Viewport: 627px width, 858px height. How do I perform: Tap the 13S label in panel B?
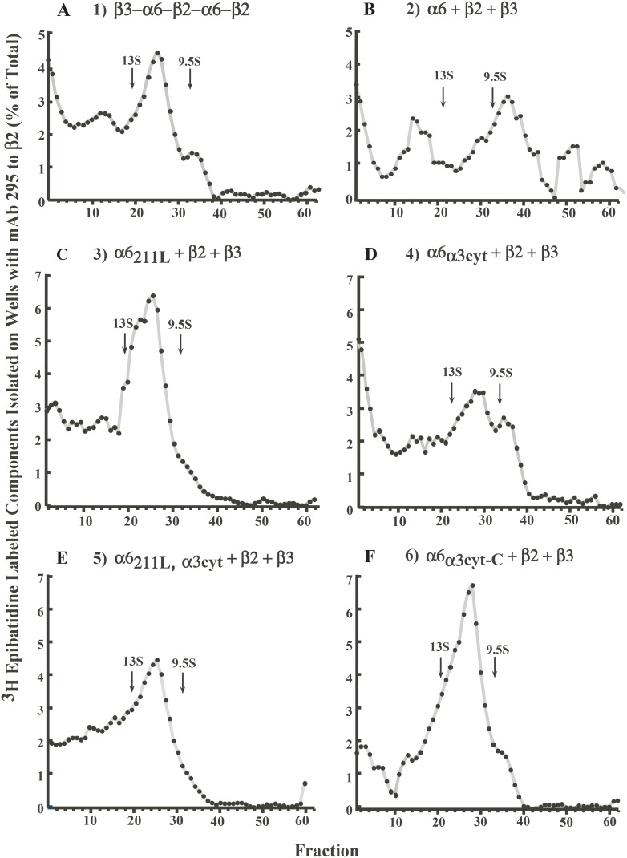tap(443, 76)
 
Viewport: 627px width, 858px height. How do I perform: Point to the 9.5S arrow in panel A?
tap(190, 78)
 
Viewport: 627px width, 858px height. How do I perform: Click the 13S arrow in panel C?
tap(125, 342)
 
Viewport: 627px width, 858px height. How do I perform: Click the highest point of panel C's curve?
tap(152, 296)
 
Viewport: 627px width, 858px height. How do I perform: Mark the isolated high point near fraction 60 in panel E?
tap(305, 783)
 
